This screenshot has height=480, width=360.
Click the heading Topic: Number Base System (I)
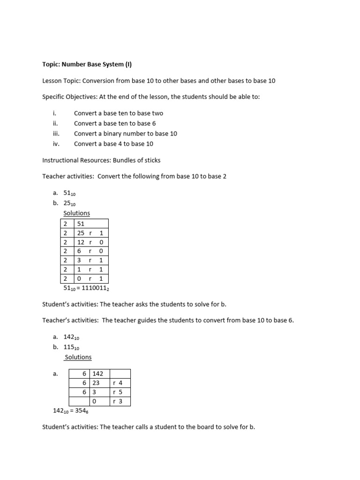[90, 65]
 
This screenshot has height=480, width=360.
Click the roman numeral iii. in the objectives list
[56, 134]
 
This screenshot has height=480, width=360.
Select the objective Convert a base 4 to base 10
[113, 144]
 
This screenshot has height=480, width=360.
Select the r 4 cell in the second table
[120, 383]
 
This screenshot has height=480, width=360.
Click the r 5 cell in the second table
[120, 392]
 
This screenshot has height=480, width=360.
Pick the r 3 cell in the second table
[120, 401]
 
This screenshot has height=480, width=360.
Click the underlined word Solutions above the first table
[76, 213]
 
